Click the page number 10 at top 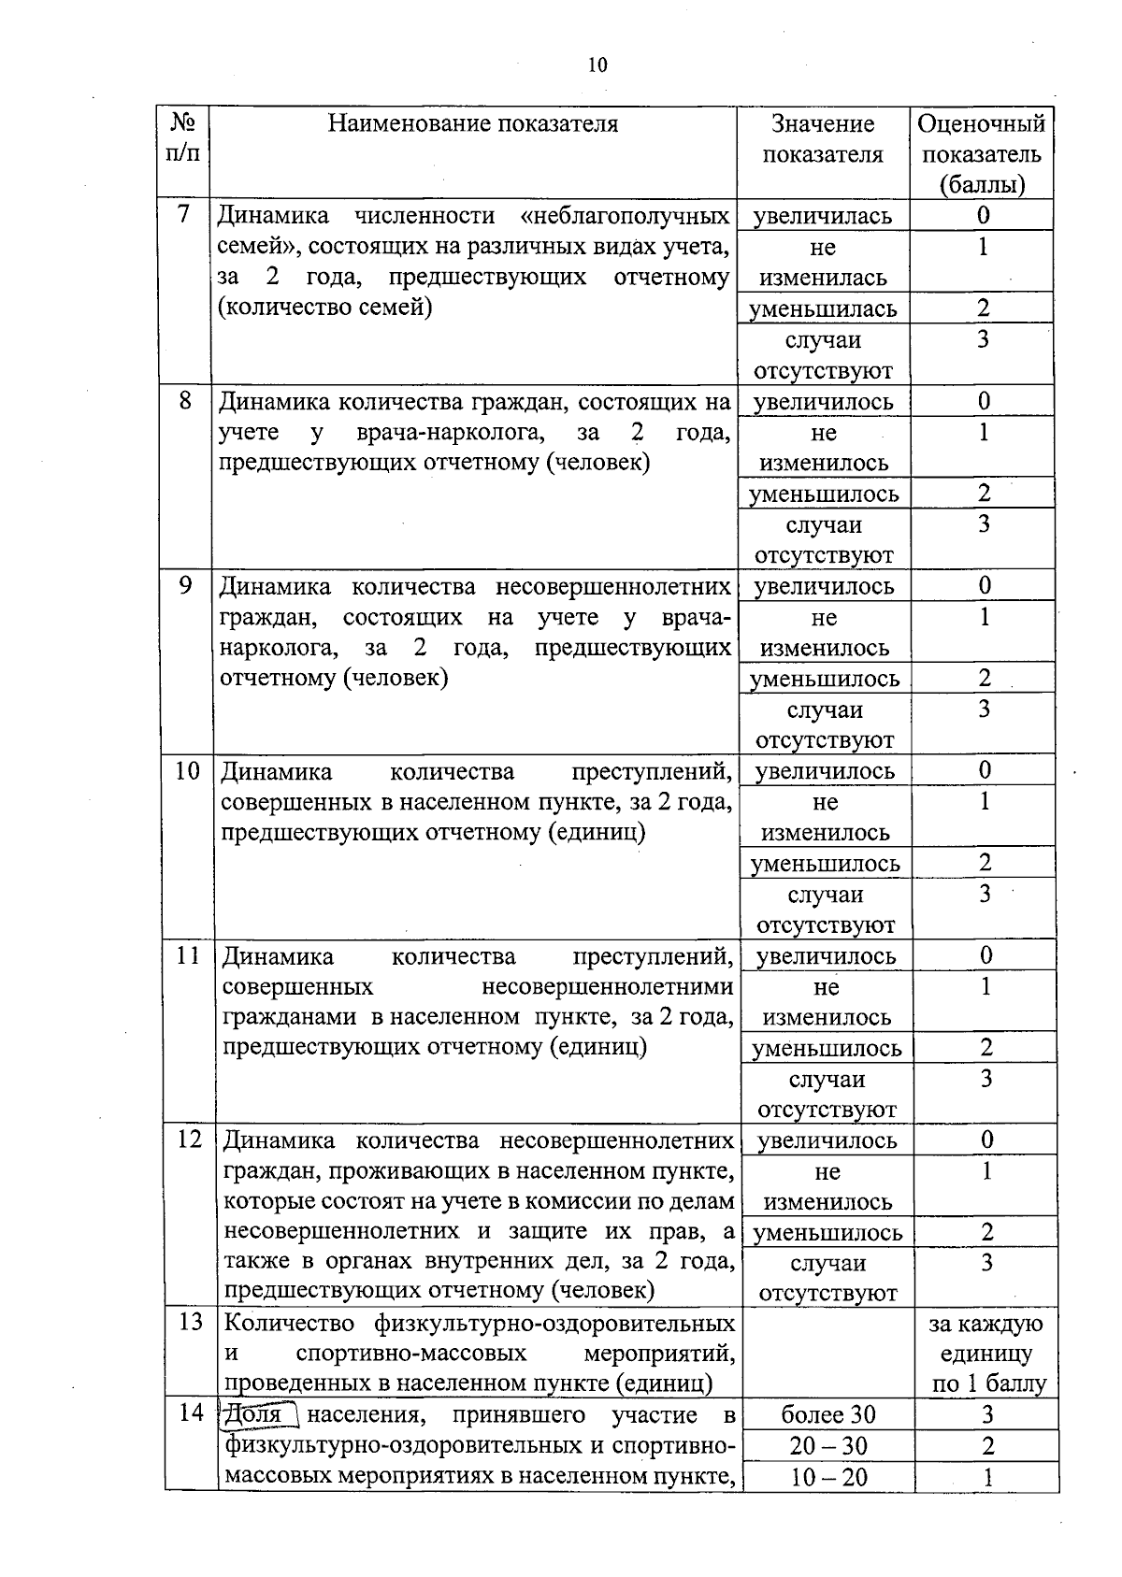coord(597,65)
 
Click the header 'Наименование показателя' coord(472,124)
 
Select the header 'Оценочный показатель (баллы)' coord(982,153)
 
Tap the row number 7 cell coord(183,214)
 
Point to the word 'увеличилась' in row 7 coord(823,216)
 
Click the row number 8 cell coord(185,400)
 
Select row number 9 coord(185,585)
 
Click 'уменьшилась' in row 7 coord(823,308)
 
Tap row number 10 coord(187,770)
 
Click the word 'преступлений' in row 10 coord(651,771)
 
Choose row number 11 coord(188,955)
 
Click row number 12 coord(189,1140)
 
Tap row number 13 coord(190,1323)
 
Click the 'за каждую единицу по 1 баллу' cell coord(986,1353)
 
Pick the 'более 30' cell coord(827,1415)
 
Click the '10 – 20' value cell coord(827,1477)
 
